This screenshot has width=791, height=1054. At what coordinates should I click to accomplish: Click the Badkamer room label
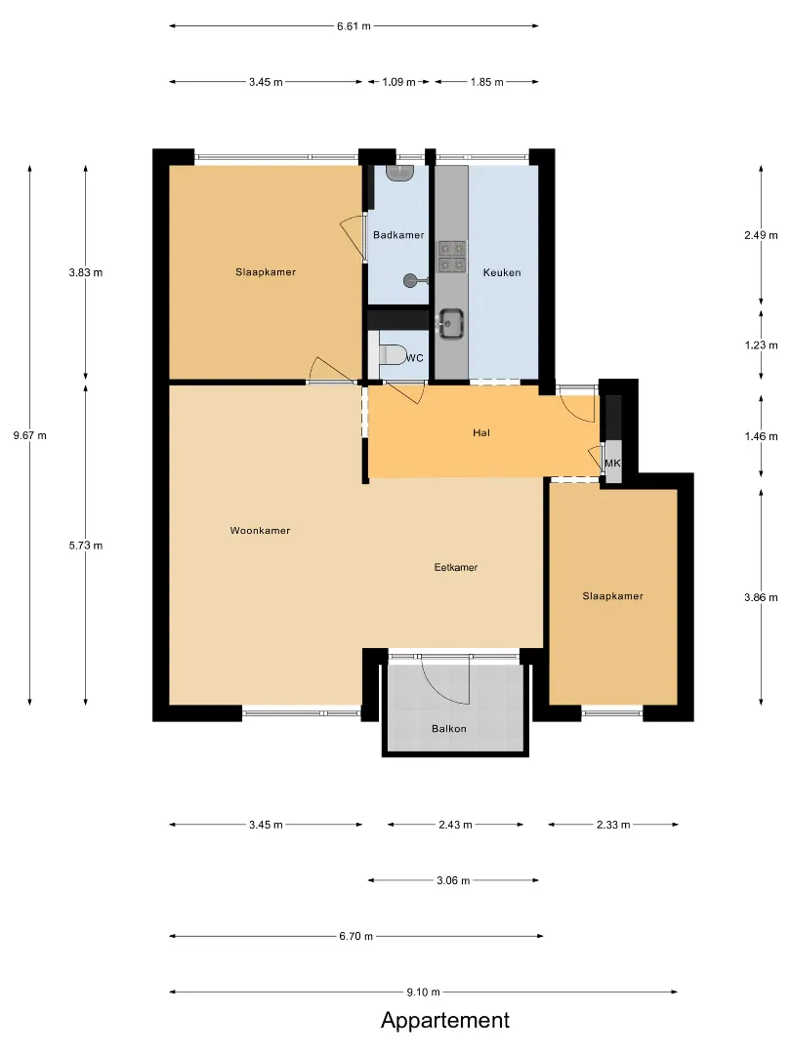point(398,235)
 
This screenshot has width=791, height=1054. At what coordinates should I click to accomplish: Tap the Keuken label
point(502,273)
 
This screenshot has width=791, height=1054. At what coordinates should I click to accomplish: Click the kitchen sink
point(450,322)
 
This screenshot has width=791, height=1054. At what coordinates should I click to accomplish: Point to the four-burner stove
point(452,257)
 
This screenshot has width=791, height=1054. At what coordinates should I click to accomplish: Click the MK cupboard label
point(612,464)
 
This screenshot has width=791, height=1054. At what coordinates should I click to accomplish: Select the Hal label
point(480,433)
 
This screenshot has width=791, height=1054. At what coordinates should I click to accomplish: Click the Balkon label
point(448,729)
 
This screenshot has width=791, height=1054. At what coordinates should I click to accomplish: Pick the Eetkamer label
point(456,567)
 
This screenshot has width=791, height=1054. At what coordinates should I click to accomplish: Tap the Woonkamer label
point(261,531)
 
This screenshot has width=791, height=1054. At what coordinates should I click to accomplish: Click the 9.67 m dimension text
point(30,435)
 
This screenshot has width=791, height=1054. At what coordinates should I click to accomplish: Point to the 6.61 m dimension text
point(354,26)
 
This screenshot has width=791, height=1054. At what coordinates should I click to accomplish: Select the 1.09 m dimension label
point(398,82)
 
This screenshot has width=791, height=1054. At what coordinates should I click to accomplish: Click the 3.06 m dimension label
point(453,880)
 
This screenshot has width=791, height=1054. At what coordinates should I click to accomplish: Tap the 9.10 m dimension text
point(424,993)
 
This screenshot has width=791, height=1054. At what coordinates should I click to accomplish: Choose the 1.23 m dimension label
point(761,345)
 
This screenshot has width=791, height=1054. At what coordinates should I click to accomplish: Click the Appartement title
point(445,1021)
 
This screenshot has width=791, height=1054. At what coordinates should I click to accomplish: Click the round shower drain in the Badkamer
point(411,280)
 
